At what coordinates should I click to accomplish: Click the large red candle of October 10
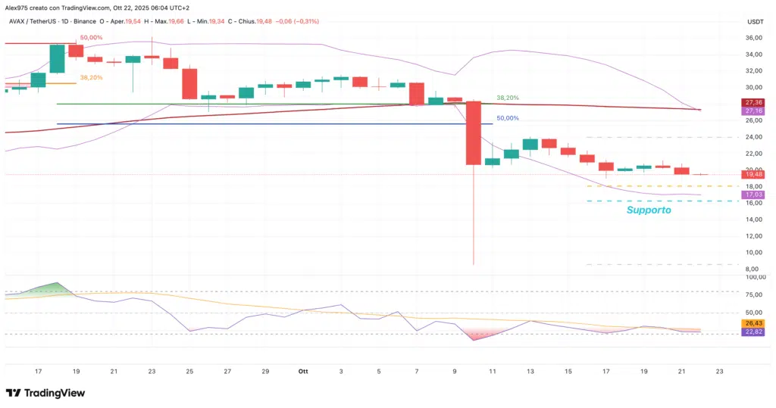click(474, 132)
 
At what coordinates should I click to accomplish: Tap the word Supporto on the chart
click(648, 210)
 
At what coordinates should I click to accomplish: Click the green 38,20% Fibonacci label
click(508, 98)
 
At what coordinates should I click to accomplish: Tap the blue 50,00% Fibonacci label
click(508, 118)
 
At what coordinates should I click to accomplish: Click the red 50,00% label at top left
click(87, 37)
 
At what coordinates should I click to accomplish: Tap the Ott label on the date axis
click(303, 372)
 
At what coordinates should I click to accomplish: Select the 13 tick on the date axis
click(530, 372)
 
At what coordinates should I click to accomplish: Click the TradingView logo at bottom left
click(45, 393)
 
